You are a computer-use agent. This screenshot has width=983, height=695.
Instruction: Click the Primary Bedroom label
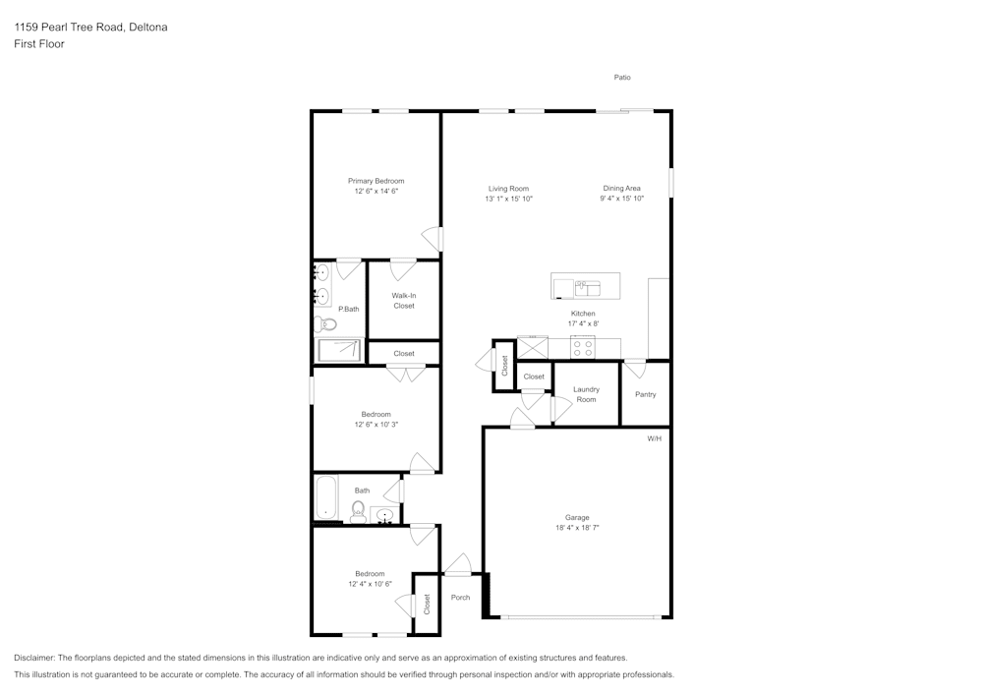376,181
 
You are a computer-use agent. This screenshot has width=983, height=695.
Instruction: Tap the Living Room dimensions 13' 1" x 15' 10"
508,199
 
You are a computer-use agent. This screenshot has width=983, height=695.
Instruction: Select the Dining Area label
621,189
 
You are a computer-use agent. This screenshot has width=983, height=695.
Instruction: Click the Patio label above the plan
622,78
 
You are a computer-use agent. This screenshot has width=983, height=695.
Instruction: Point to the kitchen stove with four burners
583,347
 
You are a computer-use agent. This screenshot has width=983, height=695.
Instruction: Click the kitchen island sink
587,288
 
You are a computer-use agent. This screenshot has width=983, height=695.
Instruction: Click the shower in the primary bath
340,350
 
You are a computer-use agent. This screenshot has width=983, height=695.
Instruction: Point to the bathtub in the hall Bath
326,497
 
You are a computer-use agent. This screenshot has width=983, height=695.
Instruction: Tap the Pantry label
645,394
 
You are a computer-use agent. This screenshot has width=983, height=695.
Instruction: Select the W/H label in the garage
654,438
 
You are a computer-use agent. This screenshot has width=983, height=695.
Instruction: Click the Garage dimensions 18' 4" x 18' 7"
577,528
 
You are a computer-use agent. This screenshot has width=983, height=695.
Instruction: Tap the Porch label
460,598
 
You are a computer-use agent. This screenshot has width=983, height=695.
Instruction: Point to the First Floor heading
39,44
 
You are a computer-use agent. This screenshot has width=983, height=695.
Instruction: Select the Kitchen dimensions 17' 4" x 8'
583,323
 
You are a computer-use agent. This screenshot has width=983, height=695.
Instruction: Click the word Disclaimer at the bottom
34,658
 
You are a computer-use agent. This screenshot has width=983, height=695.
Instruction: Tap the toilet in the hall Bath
359,510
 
